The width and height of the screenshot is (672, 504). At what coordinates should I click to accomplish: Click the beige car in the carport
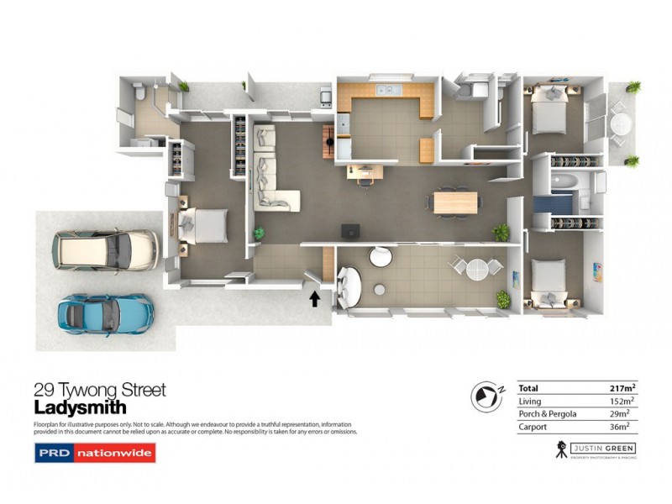pos(104,249)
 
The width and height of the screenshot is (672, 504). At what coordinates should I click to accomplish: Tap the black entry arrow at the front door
pos(315,297)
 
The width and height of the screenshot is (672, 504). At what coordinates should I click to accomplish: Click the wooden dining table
pos(454,202)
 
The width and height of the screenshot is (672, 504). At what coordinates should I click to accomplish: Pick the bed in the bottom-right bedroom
pos(549,281)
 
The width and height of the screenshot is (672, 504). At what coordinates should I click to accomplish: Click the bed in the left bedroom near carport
pos(202,223)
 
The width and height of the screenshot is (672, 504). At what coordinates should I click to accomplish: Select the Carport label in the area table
pos(534,428)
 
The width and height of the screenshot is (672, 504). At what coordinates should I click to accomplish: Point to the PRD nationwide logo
pos(95,454)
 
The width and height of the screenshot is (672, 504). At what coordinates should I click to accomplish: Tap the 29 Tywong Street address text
pos(99,390)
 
